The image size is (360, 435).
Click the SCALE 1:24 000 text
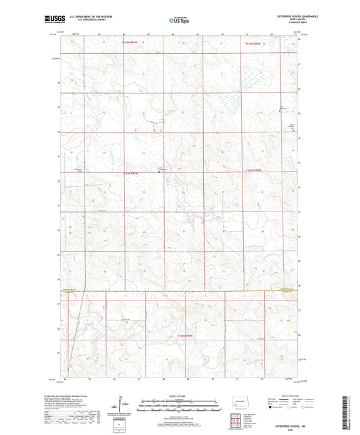pos(178,395)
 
